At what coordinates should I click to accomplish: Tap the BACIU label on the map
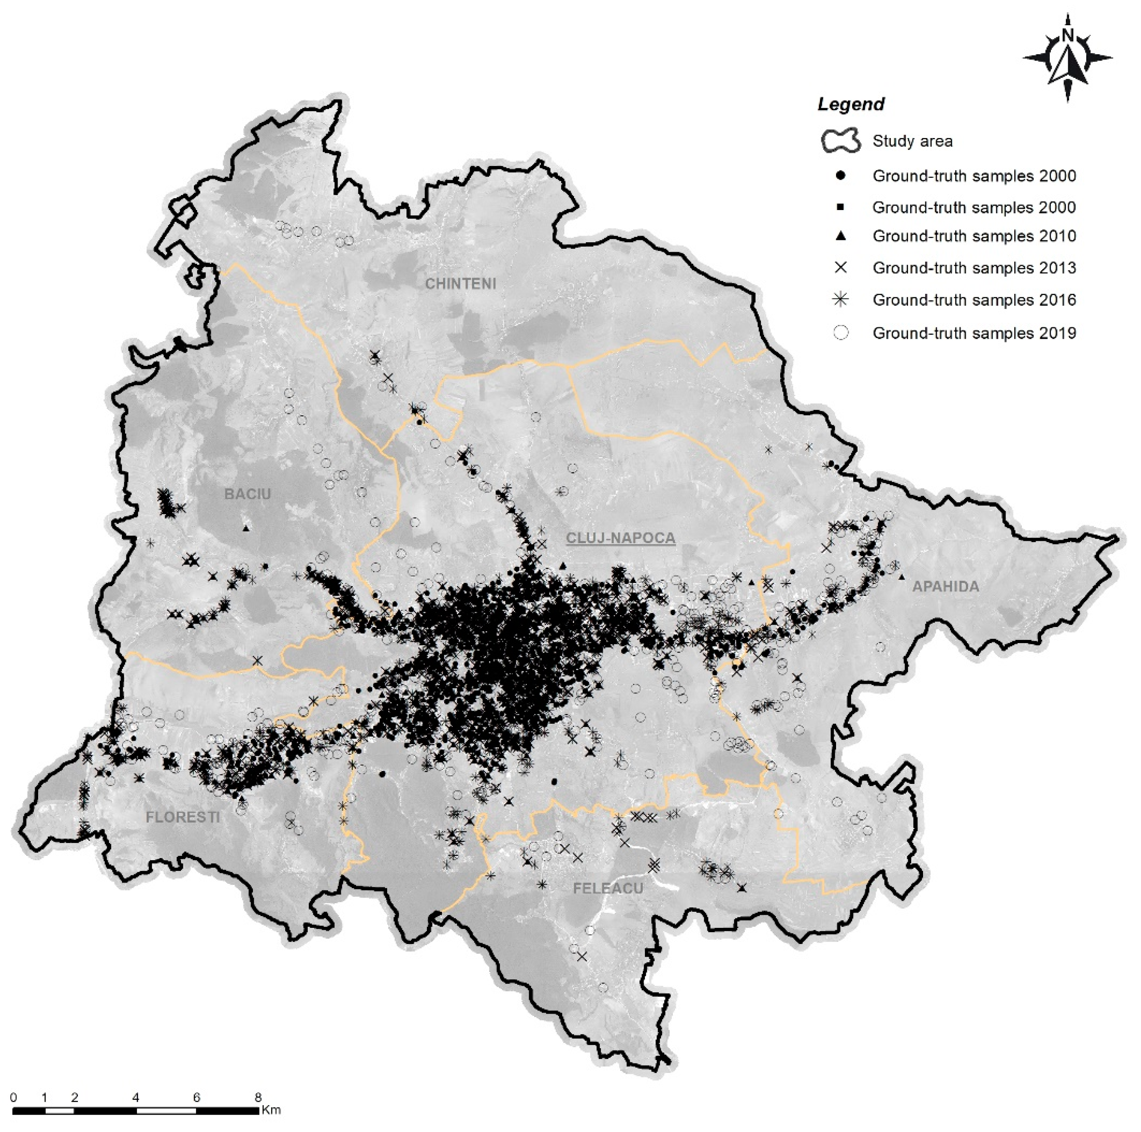(247, 494)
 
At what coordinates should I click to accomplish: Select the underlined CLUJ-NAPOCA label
(620, 538)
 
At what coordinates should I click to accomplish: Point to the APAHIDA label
(945, 586)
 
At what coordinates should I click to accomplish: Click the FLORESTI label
(183, 817)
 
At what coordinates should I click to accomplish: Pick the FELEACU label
(608, 888)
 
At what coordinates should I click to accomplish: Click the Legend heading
(850, 105)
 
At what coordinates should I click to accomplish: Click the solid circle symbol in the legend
(841, 176)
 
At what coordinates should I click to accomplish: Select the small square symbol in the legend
(841, 207)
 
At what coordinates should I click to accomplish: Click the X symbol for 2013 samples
(841, 267)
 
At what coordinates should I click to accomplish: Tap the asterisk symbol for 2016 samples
(840, 299)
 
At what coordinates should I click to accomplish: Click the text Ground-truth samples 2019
(974, 333)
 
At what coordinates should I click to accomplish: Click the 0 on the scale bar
(14, 1098)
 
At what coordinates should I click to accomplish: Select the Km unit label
(271, 1110)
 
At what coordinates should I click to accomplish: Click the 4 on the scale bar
(136, 1098)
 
